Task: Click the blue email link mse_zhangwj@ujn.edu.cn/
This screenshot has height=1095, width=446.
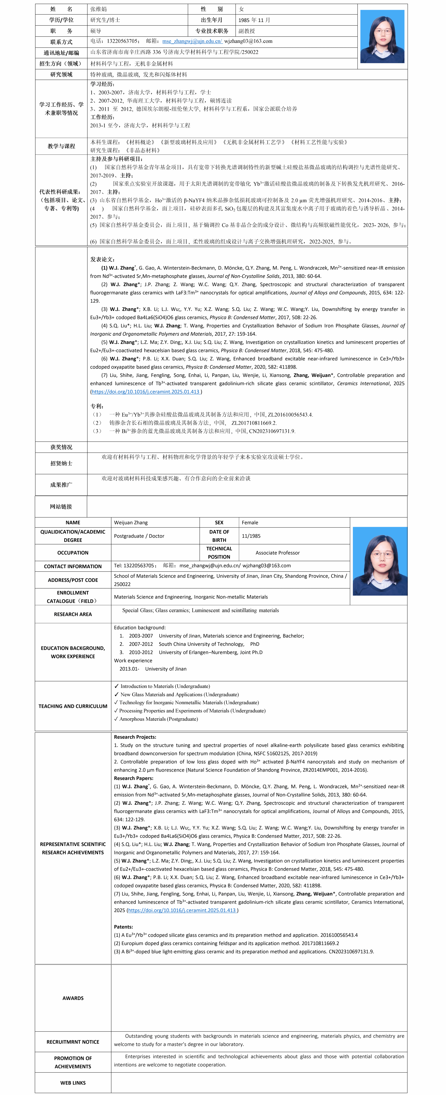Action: pyautogui.click(x=192, y=41)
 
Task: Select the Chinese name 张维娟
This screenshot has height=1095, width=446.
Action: pyautogui.click(x=99, y=9)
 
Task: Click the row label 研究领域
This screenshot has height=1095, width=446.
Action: pyautogui.click(x=61, y=74)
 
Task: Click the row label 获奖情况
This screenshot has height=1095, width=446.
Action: pyautogui.click(x=61, y=447)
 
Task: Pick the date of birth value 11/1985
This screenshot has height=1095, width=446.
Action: pyautogui.click(x=251, y=536)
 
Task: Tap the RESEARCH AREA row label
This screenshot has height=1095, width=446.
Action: pyautogui.click(x=73, y=614)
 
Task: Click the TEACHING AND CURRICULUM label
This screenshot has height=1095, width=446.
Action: pyautogui.click(x=73, y=706)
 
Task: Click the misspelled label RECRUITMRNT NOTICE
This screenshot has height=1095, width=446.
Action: pyautogui.click(x=73, y=1042)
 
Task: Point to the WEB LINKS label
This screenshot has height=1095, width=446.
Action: pyautogui.click(x=73, y=1083)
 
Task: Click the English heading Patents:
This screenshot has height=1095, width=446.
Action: pyautogui.click(x=123, y=927)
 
